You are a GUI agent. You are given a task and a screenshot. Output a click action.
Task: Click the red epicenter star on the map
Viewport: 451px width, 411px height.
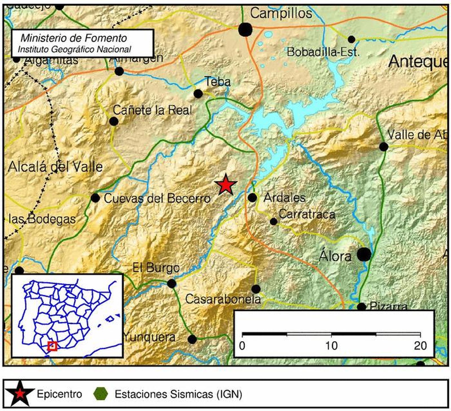tap(226, 185)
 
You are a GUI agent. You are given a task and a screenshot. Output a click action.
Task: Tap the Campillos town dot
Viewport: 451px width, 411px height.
tap(245, 30)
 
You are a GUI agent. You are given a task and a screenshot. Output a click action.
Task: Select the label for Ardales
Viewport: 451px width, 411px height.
tap(284, 198)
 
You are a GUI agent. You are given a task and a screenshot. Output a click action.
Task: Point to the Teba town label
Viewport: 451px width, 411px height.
tap(218, 82)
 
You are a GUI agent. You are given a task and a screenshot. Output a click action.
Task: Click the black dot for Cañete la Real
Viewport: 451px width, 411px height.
tap(114, 121)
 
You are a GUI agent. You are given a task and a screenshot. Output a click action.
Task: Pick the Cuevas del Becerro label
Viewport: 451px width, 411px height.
tap(157, 198)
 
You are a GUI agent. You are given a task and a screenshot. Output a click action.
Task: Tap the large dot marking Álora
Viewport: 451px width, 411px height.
tap(364, 255)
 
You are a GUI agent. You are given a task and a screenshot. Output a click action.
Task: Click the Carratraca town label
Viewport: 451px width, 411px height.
tap(307, 214)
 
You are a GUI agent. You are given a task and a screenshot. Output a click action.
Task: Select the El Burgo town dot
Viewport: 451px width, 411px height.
tap(172, 283)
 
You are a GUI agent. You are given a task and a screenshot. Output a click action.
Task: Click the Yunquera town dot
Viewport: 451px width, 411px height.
tap(192, 339)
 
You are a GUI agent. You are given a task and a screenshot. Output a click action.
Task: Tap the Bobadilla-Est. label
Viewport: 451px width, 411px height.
tap(323, 52)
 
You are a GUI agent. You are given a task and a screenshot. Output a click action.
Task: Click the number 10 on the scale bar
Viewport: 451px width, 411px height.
tap(331, 346)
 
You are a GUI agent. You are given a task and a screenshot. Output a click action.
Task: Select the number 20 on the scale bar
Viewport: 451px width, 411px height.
tap(420, 346)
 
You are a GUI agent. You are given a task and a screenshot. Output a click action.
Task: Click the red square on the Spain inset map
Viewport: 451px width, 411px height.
tap(52, 346)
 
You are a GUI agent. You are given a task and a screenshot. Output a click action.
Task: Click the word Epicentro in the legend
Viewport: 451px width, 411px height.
tap(59, 394)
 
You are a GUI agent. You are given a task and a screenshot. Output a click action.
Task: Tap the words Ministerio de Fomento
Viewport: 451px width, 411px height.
tap(74, 38)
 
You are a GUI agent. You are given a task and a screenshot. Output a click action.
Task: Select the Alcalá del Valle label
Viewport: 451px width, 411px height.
tap(55, 167)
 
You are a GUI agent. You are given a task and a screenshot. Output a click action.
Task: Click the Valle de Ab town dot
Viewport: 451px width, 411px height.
tap(384, 147)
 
